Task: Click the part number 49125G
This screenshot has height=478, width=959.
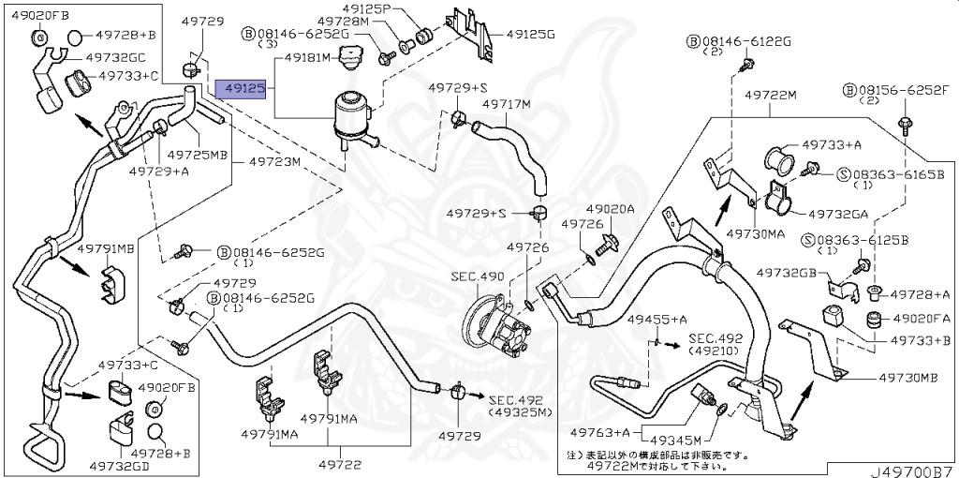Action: [x=531, y=33]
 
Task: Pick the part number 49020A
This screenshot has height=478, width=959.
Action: [x=611, y=208]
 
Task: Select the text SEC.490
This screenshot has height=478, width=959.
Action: [x=478, y=276]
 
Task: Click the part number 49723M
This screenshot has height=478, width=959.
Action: [x=274, y=161]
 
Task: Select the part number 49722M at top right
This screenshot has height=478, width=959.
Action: [x=770, y=96]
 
